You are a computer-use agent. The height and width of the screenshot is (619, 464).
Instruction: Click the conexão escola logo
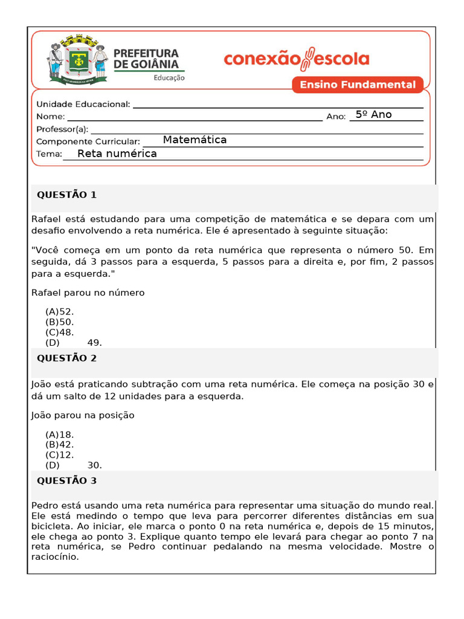[x=296, y=59]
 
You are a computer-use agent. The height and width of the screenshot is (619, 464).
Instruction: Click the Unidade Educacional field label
[x=83, y=104]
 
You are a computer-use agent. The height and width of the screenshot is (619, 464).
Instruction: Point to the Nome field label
[x=50, y=116]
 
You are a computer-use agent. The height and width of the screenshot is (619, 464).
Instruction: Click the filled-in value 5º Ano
[x=373, y=115]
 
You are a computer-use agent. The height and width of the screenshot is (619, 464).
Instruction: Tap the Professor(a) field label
[x=62, y=129]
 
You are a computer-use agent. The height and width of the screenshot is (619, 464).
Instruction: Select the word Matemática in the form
[x=195, y=140]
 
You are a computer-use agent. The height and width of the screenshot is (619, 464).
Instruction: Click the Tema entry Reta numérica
[x=117, y=154]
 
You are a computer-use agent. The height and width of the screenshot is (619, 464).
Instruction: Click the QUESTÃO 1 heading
[x=66, y=195]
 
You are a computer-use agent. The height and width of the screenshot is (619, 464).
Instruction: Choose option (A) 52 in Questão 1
[x=59, y=312]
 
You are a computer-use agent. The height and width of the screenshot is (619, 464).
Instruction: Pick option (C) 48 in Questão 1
[x=59, y=332]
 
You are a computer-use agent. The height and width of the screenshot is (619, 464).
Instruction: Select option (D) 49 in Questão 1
[x=73, y=343]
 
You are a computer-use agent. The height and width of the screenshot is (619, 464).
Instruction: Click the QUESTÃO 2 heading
[x=66, y=358]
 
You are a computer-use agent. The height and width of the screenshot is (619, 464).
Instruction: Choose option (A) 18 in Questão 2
[x=59, y=435]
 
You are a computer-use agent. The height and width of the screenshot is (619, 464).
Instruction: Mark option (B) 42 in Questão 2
[x=59, y=445]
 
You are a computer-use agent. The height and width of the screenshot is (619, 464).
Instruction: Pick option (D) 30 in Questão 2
[x=73, y=465]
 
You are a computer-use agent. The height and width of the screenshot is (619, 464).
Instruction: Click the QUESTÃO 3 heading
[x=66, y=481]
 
